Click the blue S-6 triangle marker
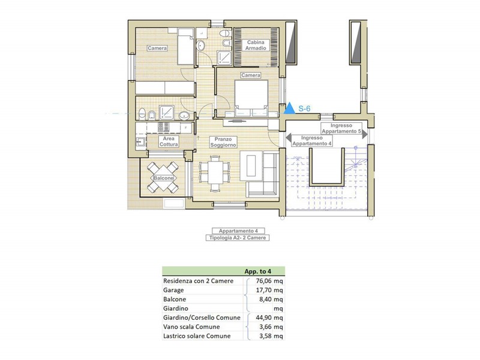click(x=289, y=109)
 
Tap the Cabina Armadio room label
click(x=256, y=46)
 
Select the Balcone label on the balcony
click(x=163, y=178)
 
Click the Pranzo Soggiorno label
click(x=223, y=142)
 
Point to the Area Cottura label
click(x=169, y=142)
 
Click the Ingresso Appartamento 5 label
click(x=341, y=128)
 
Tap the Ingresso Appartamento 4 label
click(x=312, y=141)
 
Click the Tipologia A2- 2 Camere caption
click(x=238, y=238)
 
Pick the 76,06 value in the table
click(x=263, y=281)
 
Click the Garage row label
click(x=173, y=290)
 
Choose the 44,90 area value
click(x=263, y=317)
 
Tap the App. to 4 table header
click(x=258, y=271)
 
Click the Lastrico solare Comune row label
click(x=197, y=336)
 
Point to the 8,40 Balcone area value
click(x=265, y=299)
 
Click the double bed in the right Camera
click(x=251, y=98)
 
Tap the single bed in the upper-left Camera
click(x=185, y=46)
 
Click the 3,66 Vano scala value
click(x=265, y=326)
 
